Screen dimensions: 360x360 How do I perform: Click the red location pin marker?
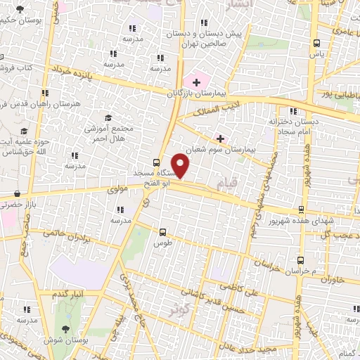[x=181, y=165]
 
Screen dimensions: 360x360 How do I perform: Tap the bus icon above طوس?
[x=163, y=231]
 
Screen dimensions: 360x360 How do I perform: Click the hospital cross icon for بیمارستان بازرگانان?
[x=195, y=82]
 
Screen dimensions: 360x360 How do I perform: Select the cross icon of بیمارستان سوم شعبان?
[x=221, y=139]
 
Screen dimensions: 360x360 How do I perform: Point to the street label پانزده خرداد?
[x=72, y=72]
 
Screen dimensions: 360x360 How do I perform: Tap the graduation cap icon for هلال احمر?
[x=108, y=117]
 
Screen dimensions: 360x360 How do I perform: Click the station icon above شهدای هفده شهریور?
[x=301, y=209]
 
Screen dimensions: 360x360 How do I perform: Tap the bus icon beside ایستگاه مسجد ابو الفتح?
[x=155, y=160]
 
